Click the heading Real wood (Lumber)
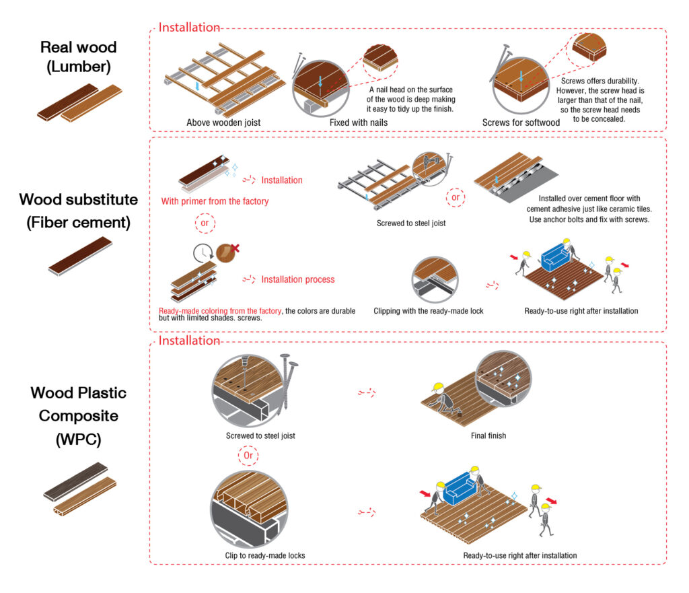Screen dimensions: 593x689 pos(78,57)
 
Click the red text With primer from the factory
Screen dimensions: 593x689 pos(215,201)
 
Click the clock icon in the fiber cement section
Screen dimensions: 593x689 pos(201,254)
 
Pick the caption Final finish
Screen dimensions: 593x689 pos(488,436)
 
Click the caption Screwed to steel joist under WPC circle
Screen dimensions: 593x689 pos(260,436)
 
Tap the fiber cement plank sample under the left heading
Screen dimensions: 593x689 pos(79,256)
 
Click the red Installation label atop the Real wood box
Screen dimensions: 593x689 pos(189,28)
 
